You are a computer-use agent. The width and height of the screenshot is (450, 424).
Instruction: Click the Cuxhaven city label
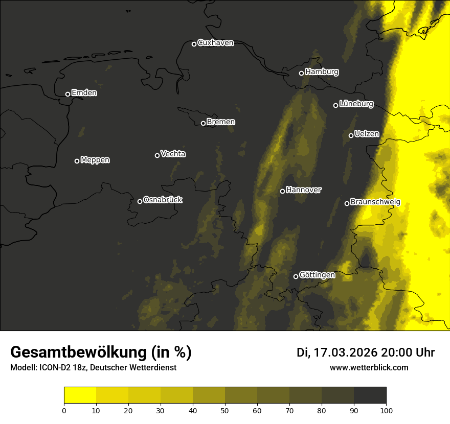215,43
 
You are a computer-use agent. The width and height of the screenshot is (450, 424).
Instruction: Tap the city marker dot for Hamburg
301,73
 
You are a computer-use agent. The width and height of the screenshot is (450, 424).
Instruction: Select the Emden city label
84,93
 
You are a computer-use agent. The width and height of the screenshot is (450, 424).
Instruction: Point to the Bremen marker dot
203,123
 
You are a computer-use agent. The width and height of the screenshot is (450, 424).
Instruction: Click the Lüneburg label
356,104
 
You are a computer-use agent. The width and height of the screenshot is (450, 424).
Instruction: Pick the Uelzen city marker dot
351,135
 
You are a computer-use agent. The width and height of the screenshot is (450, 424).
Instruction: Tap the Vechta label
173,154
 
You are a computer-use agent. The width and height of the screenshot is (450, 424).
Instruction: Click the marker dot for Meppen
77,161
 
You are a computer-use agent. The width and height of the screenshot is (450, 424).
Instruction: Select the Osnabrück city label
163,200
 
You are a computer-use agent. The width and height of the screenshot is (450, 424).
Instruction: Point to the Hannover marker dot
282,191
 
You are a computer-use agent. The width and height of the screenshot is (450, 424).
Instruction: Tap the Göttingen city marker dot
296,276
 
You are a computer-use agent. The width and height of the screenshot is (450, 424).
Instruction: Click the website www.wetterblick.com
369,367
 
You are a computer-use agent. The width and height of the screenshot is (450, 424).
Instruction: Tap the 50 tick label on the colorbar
225,410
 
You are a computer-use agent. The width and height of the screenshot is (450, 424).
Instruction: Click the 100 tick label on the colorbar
386,410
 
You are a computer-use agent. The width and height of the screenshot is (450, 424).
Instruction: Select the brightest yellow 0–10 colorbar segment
80,395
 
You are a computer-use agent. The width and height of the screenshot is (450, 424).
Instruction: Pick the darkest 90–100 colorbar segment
370,395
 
